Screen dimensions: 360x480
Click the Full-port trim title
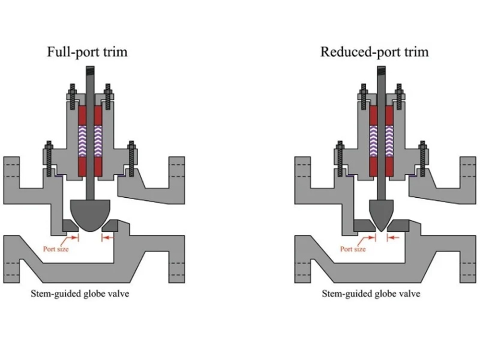click(x=87, y=51)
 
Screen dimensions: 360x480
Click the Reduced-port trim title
click(x=374, y=51)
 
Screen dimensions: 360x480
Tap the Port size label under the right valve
click(x=353, y=249)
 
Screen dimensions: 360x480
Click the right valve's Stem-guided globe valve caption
click(x=371, y=293)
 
